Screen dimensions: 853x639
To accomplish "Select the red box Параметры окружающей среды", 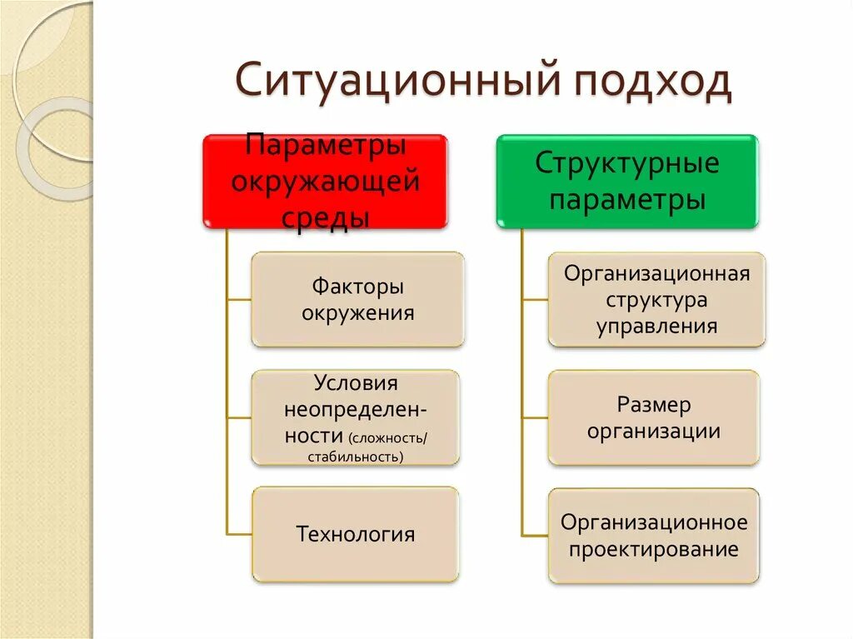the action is pyautogui.click(x=325, y=181).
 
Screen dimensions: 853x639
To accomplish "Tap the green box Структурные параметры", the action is pyautogui.click(x=627, y=181).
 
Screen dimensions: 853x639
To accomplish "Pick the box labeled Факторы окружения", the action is pyautogui.click(x=357, y=299).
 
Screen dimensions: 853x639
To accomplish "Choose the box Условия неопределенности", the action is pyautogui.click(x=355, y=417).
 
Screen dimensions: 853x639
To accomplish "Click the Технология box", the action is pyautogui.click(x=355, y=534).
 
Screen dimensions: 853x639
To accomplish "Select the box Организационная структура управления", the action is pyautogui.click(x=656, y=299).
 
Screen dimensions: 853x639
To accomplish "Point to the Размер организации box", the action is pyautogui.click(x=654, y=417).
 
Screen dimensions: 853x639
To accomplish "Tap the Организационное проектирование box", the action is pyautogui.click(x=654, y=535).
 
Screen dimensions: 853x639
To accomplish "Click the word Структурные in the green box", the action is pyautogui.click(x=626, y=162).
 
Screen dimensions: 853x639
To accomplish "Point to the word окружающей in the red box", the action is pyautogui.click(x=325, y=181).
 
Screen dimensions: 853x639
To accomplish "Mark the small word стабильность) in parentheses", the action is pyautogui.click(x=355, y=457).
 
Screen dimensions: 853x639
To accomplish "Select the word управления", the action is pyautogui.click(x=656, y=326).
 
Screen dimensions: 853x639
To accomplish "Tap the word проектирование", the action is pyautogui.click(x=655, y=549).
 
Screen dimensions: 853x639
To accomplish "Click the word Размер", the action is pyautogui.click(x=654, y=405).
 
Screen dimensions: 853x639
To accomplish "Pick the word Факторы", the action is pyautogui.click(x=358, y=287).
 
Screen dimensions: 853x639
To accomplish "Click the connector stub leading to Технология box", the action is pyautogui.click(x=239, y=534).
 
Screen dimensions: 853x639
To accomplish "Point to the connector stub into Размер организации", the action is pyautogui.click(x=535, y=417).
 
